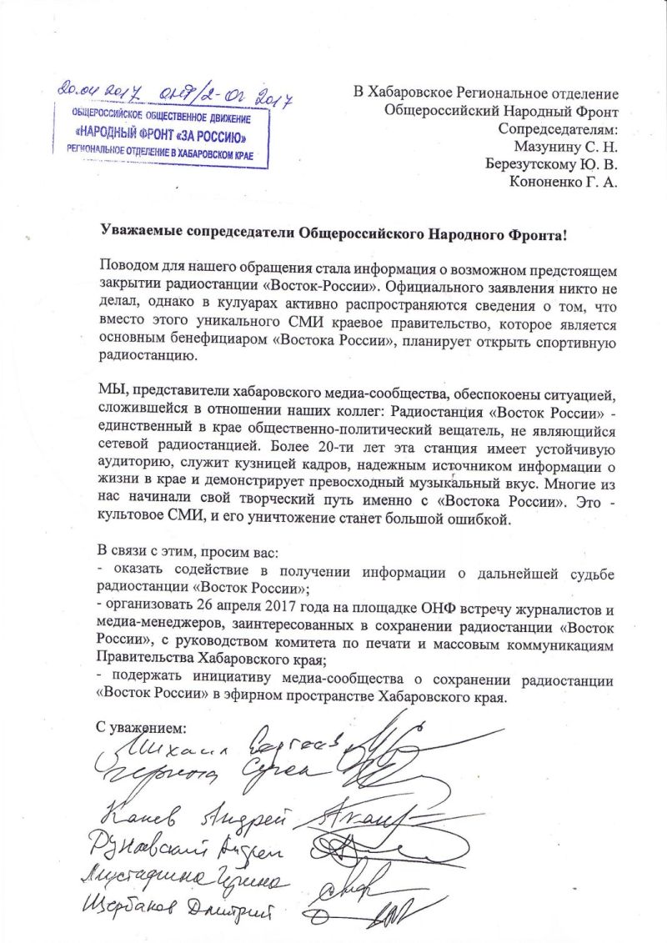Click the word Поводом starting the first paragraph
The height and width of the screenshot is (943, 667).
point(126,267)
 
